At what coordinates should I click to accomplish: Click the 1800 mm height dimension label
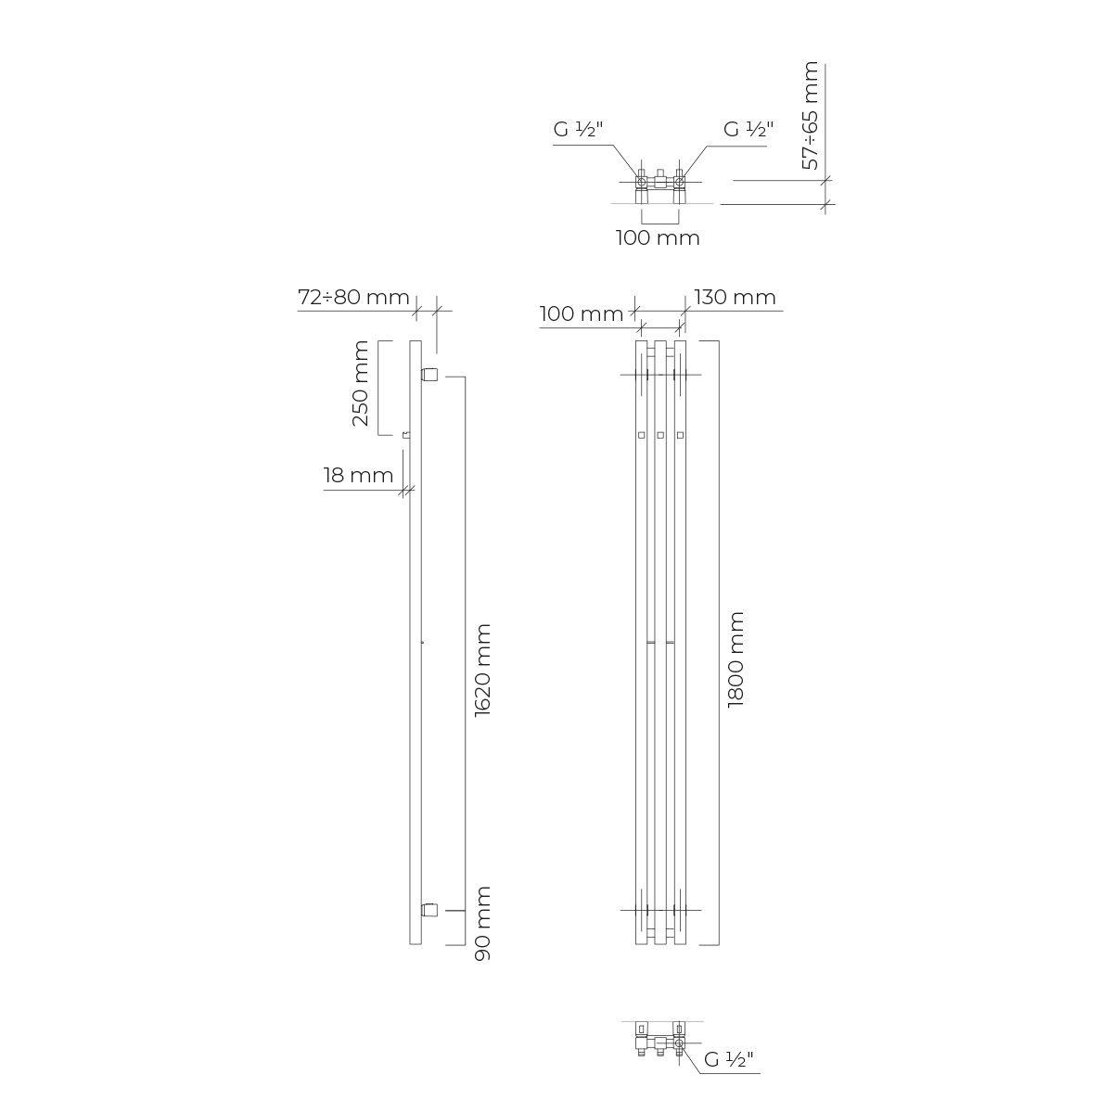point(736,659)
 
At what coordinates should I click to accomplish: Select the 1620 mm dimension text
point(483,671)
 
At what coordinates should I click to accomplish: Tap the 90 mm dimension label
point(483,924)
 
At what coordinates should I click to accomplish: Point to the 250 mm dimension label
point(361,383)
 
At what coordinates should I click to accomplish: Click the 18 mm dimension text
point(358,475)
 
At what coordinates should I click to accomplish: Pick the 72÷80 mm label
point(353,297)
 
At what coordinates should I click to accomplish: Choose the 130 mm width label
point(735,297)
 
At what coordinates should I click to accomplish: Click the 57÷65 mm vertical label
point(811,116)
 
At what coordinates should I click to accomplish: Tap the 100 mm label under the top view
point(658,238)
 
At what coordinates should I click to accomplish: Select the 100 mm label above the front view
point(582,314)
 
